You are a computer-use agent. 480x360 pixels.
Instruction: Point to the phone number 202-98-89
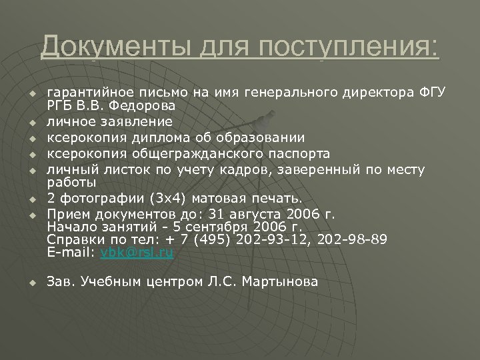coord(357,240)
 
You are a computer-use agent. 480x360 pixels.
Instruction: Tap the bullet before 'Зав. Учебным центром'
coord(31,283)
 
